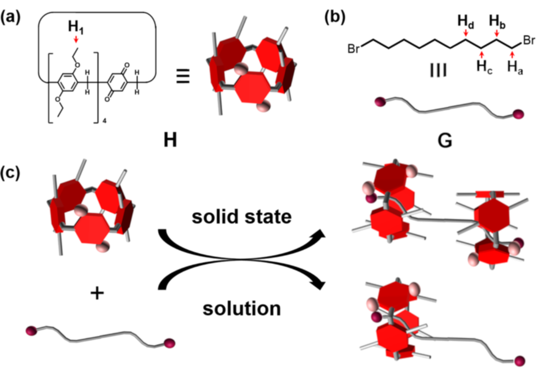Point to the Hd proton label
coord(465,23)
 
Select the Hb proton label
coord(496,23)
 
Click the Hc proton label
coord(484,66)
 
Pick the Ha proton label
coord(515,66)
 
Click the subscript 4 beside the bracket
coord(98,122)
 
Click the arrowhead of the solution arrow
coord(317,284)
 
